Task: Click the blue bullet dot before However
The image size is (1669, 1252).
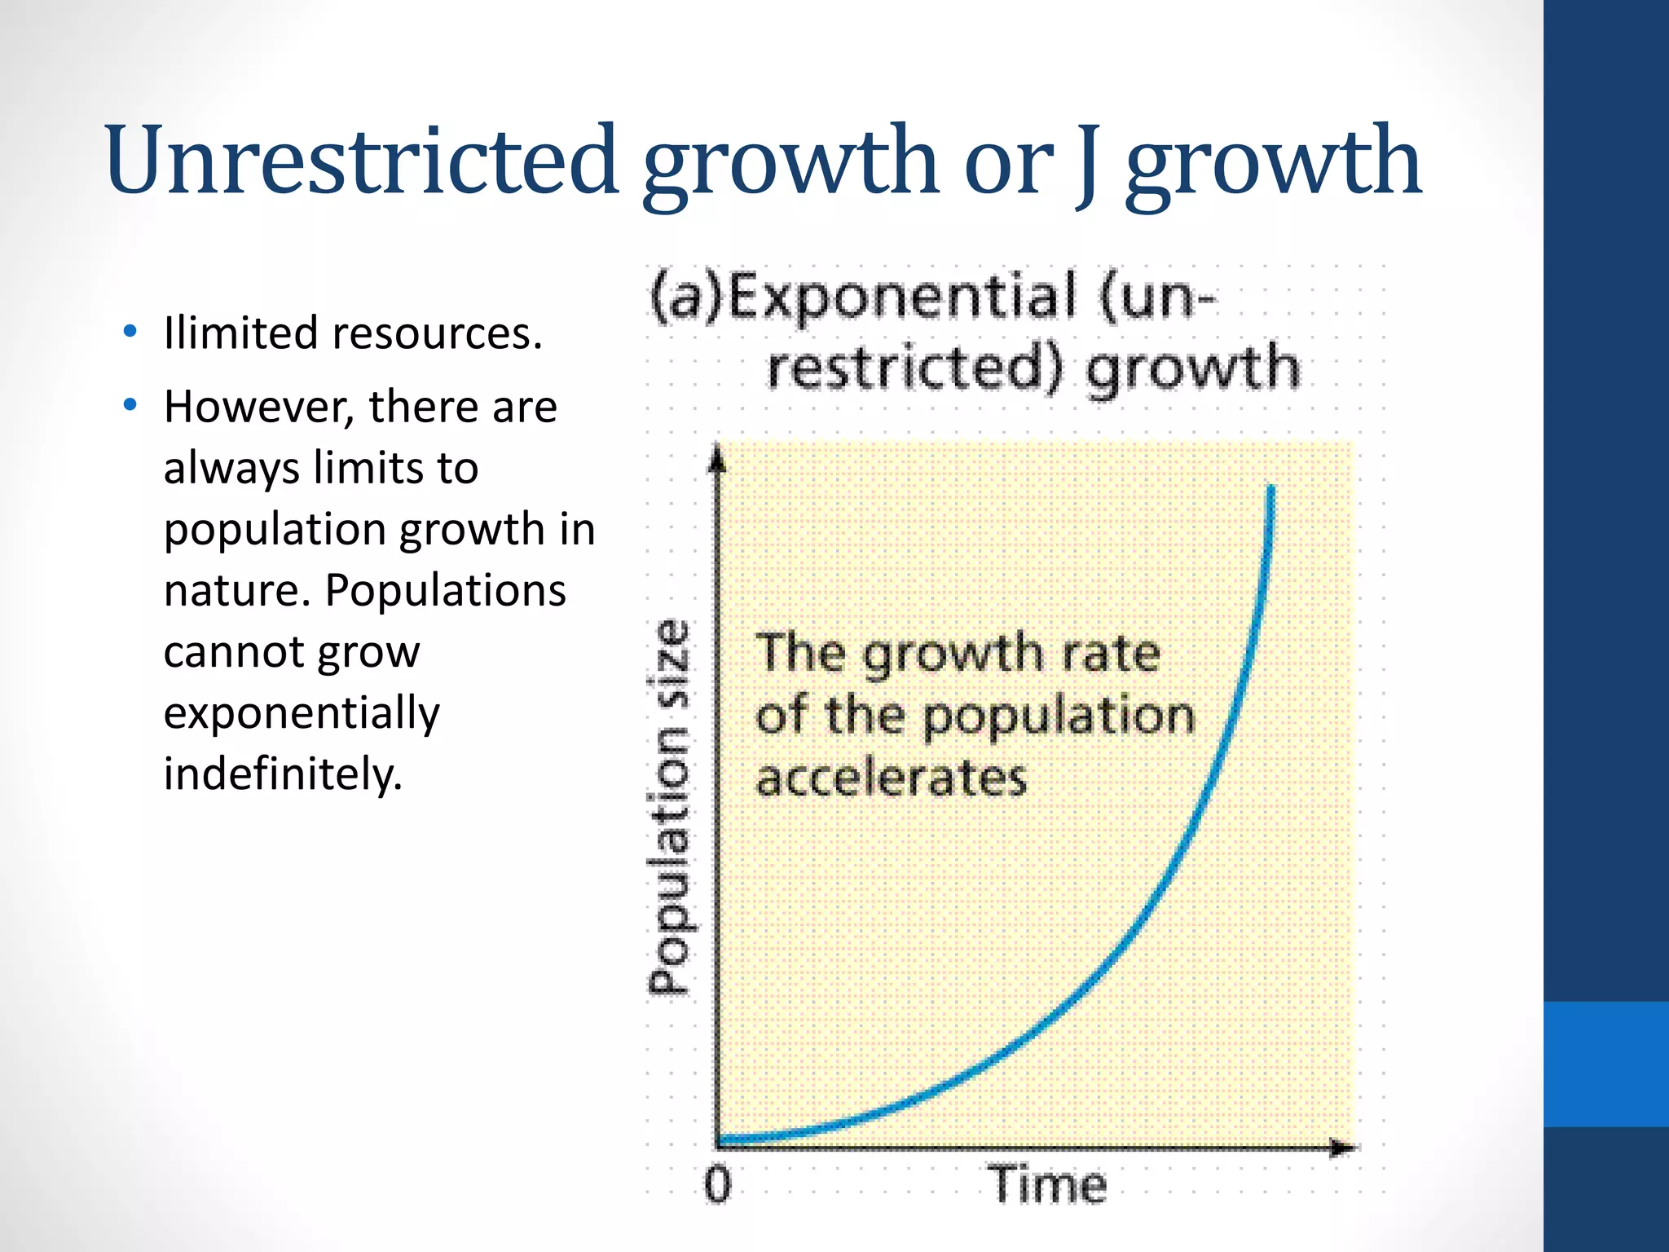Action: point(130,405)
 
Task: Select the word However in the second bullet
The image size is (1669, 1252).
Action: point(258,408)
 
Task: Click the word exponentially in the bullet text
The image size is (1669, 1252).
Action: point(301,713)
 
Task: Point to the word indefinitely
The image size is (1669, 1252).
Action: point(282,774)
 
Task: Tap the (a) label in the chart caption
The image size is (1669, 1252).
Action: point(686,297)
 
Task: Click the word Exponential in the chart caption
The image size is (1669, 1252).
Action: point(901,297)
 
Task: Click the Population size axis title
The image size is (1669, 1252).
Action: point(670,807)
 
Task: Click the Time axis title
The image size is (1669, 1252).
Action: point(1047,1184)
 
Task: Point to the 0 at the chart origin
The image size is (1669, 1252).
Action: point(717,1184)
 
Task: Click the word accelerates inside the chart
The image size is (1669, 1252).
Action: point(891,778)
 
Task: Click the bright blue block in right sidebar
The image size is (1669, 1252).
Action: point(1605,1064)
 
